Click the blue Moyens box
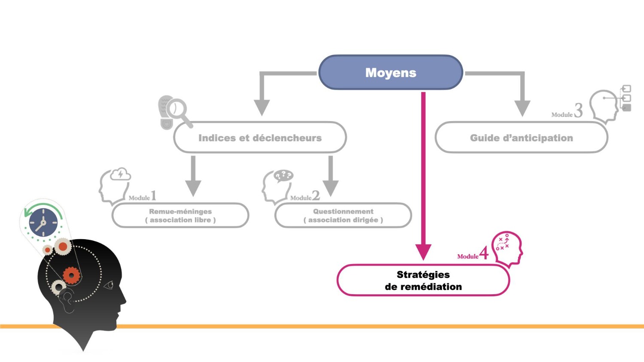tap(390, 73)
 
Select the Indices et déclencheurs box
tap(260, 138)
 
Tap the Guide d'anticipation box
tap(521, 138)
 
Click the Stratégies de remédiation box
tap(423, 280)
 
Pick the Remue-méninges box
tap(180, 216)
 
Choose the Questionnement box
tap(343, 216)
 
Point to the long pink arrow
tap(423, 172)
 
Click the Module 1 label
tap(142, 197)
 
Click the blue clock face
tap(43, 222)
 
